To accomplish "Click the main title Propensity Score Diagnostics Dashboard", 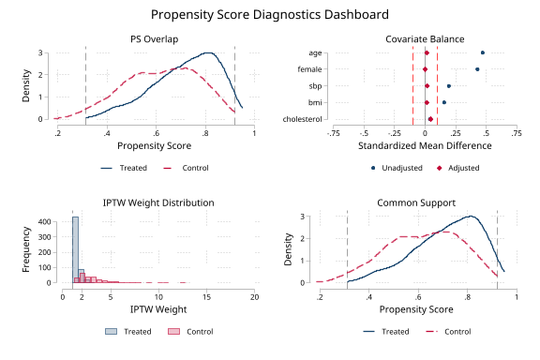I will (x=270, y=15).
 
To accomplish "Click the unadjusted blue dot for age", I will (x=483, y=52).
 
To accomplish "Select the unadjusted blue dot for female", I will (x=477, y=69).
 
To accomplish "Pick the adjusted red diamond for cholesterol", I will (x=430, y=119).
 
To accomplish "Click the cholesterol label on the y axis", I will (x=303, y=119).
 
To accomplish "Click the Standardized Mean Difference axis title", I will (x=424, y=147).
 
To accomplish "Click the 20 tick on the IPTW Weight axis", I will (x=255, y=296).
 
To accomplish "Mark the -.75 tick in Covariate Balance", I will (x=333, y=133).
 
